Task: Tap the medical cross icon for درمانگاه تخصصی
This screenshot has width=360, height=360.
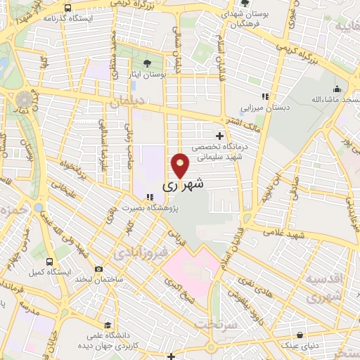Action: pyautogui.click(x=219, y=135)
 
